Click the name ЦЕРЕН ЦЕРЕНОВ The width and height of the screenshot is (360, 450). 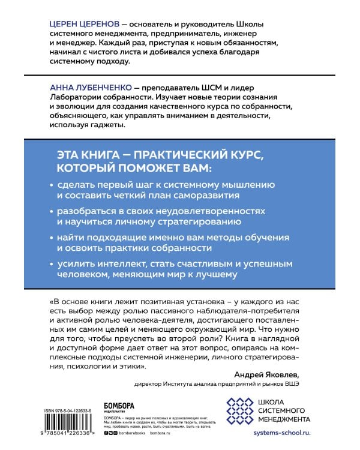[85, 23]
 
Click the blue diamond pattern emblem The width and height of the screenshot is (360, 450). [238, 410]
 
